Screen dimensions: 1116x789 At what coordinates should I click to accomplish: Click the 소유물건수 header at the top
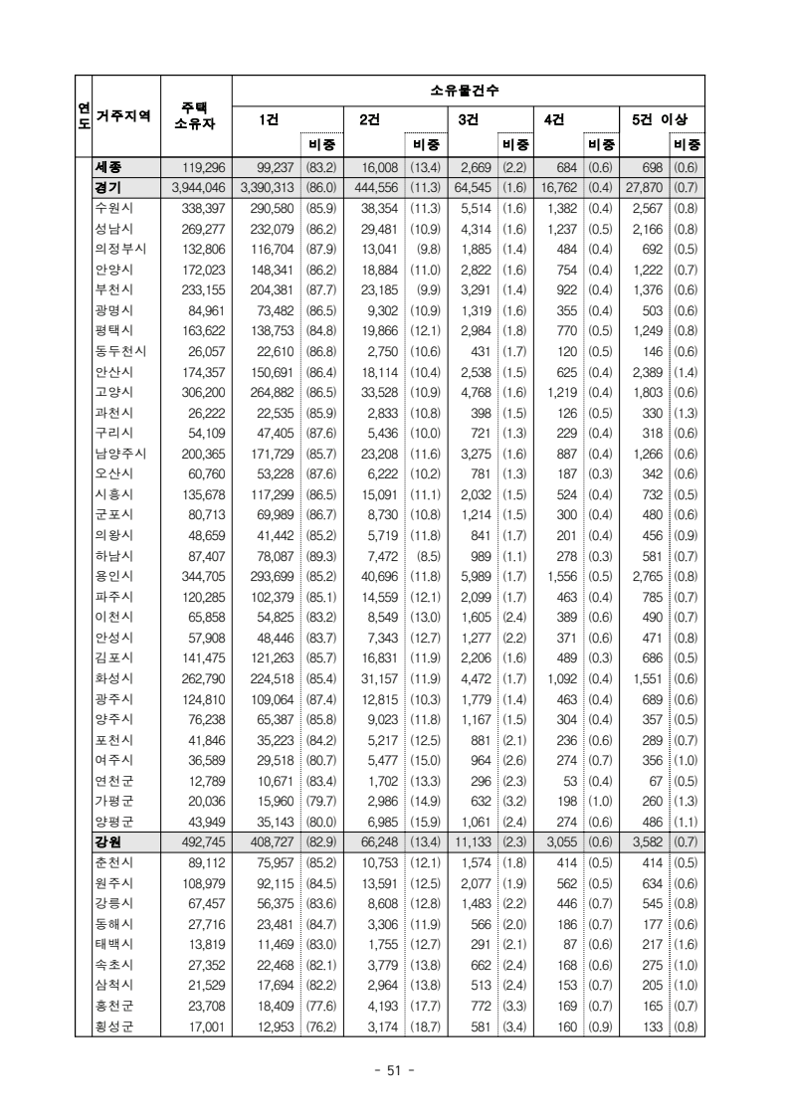pyautogui.click(x=466, y=91)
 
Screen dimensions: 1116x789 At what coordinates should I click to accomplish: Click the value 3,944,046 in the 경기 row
pyautogui.click(x=199, y=188)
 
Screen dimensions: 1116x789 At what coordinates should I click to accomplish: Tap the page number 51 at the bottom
pyautogui.click(x=394, y=1070)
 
